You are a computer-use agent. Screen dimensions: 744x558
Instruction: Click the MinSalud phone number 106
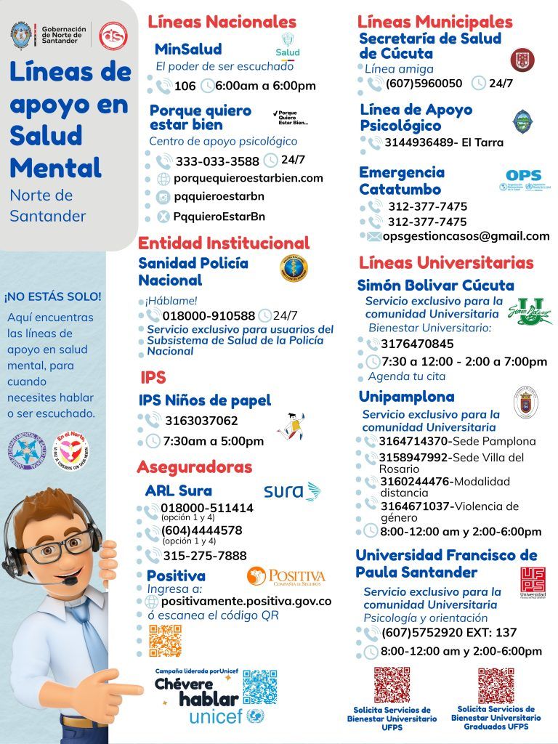[185, 86]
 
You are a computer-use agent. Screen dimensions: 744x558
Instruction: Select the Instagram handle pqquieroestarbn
[218, 197]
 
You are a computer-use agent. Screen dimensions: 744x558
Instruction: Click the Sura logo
[291, 491]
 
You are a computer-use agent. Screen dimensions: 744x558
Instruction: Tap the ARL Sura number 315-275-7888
[204, 556]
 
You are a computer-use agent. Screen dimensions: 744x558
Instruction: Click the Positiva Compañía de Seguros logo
[286, 577]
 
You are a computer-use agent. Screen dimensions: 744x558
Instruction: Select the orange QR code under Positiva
[165, 640]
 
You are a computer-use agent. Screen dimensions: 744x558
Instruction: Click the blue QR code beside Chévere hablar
[259, 687]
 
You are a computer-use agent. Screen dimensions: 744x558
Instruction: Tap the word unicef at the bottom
[215, 717]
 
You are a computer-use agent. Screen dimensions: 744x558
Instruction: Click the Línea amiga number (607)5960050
[424, 83]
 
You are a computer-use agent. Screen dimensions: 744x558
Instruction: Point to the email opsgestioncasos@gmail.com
[466, 236]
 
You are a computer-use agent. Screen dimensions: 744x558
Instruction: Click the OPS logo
[523, 180]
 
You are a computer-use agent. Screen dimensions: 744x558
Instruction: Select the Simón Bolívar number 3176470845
[417, 344]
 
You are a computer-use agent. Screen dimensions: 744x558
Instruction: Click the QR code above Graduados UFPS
[496, 684]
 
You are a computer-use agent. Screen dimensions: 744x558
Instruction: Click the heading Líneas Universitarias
[446, 262]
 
